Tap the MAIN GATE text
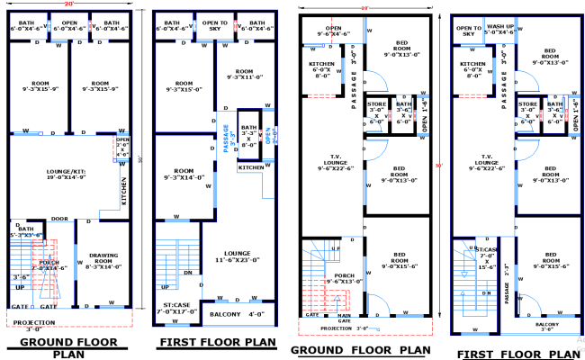click(344, 317)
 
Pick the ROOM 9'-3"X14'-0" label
click(184, 174)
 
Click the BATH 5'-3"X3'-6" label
click(25, 232)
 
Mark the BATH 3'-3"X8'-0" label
click(249, 136)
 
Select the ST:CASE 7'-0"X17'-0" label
click(178, 308)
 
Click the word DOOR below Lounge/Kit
click(59, 219)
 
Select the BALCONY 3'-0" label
click(546, 327)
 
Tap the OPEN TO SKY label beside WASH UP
click(469, 31)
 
